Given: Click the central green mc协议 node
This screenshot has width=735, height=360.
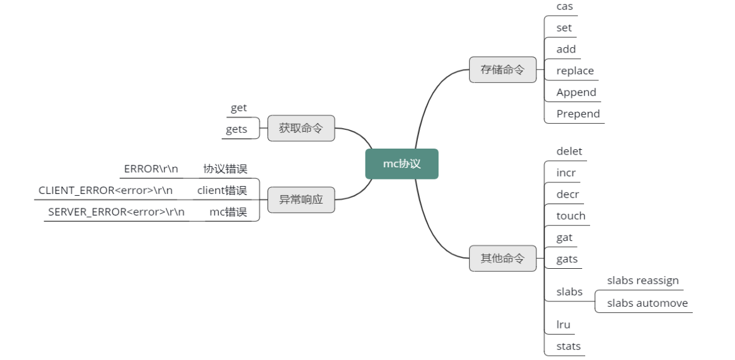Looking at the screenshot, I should (402, 164).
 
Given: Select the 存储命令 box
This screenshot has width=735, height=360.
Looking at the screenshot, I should (502, 69).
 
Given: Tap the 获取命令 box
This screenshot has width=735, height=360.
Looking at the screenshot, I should (301, 128).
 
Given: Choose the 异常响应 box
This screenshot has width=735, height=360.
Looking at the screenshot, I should (301, 199).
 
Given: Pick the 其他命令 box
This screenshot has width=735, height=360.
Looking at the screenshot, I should (502, 259).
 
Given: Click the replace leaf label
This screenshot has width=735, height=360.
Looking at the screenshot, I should (575, 71).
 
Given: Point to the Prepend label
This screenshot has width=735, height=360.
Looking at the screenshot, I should (578, 114).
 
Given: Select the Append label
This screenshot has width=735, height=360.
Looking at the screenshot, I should (576, 92).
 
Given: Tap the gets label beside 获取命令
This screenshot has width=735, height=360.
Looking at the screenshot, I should (237, 129).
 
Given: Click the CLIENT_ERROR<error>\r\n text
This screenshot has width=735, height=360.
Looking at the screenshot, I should (106, 190).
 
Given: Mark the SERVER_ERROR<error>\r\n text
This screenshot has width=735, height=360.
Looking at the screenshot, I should (117, 212).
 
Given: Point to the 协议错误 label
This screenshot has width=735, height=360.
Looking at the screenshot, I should (225, 169).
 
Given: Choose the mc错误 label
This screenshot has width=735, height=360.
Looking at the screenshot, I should (228, 212).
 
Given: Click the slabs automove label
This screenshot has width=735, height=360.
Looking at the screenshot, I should (647, 303).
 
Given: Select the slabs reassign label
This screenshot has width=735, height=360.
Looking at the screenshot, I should (643, 280).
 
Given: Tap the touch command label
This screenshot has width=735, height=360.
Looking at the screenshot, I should (571, 216).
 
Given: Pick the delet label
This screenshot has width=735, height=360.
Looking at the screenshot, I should (569, 151).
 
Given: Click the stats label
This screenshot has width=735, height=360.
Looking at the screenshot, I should (568, 346).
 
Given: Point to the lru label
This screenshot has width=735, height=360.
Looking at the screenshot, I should (563, 324).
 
